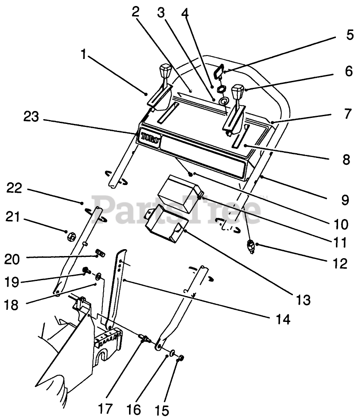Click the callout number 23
point(33,117)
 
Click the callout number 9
point(338,188)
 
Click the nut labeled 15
point(182,358)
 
